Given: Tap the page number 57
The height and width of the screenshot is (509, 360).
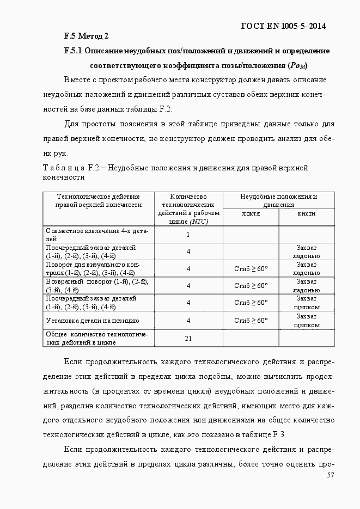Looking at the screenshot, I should [330, 475].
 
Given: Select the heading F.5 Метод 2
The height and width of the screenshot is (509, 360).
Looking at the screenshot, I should [86, 36].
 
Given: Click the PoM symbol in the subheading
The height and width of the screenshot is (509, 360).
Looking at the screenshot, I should [298, 66].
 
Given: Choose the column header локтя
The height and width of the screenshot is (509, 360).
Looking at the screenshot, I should [251, 213].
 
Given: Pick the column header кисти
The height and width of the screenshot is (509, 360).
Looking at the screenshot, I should [306, 213].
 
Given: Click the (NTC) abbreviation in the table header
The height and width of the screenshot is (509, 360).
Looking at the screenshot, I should [188, 222].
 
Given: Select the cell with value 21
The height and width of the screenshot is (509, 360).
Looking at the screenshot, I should [188, 338].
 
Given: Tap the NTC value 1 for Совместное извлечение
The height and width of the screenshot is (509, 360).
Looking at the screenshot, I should [188, 235].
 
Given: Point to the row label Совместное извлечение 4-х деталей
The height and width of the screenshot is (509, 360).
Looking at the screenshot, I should [97, 235].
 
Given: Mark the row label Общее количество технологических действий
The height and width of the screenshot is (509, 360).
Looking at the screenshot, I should [97, 338].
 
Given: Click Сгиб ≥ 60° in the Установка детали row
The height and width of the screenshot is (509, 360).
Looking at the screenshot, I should [251, 321].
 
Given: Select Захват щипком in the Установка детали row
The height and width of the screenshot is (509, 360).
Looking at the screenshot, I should [306, 321].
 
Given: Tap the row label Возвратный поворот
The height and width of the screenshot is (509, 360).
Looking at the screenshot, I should [97, 285].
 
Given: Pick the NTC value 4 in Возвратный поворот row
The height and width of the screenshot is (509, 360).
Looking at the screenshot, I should [188, 285].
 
